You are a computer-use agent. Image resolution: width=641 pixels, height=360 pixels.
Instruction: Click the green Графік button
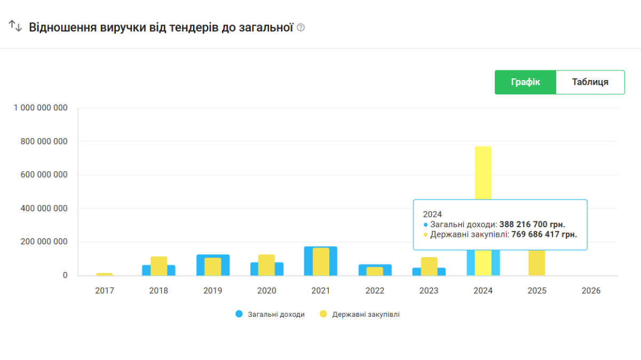tap(525, 82)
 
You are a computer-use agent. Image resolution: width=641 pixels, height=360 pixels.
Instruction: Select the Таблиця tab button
tap(590, 82)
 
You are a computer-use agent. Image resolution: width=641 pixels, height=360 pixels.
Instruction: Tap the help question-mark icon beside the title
tap(300, 27)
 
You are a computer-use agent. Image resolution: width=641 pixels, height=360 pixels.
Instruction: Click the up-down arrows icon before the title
tap(15, 26)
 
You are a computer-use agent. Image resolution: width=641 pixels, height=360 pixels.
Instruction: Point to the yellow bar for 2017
tap(105, 274)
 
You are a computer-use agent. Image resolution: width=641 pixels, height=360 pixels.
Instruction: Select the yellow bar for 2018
tap(159, 266)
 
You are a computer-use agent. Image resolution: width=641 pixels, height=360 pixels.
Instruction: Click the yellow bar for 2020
tap(266, 265)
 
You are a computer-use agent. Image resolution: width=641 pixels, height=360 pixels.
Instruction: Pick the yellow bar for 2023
tap(429, 266)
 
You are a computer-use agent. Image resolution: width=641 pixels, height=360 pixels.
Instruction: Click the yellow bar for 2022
tap(375, 271)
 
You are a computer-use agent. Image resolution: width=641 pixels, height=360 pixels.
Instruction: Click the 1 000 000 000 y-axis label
tap(41, 108)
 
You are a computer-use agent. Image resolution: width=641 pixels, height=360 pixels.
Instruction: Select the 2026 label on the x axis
tap(591, 291)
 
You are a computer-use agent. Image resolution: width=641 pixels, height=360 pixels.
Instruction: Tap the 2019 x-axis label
tap(212, 291)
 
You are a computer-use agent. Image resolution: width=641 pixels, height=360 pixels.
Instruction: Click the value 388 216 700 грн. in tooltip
tap(532, 225)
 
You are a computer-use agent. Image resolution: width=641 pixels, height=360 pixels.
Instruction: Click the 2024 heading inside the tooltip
tap(433, 214)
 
